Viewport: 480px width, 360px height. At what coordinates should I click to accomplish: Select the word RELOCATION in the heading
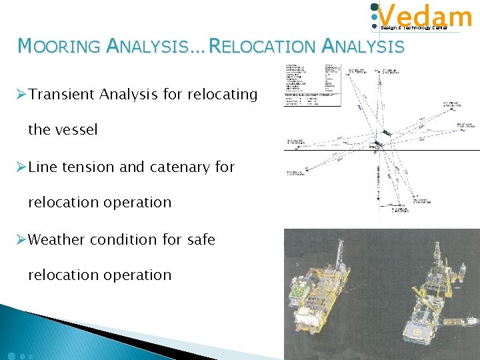click(263, 46)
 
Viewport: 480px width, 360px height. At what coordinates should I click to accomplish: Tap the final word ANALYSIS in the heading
click(363, 46)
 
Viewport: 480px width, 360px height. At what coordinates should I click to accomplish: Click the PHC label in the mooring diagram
click(373, 147)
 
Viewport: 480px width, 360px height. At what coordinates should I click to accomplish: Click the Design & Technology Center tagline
click(413, 28)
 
